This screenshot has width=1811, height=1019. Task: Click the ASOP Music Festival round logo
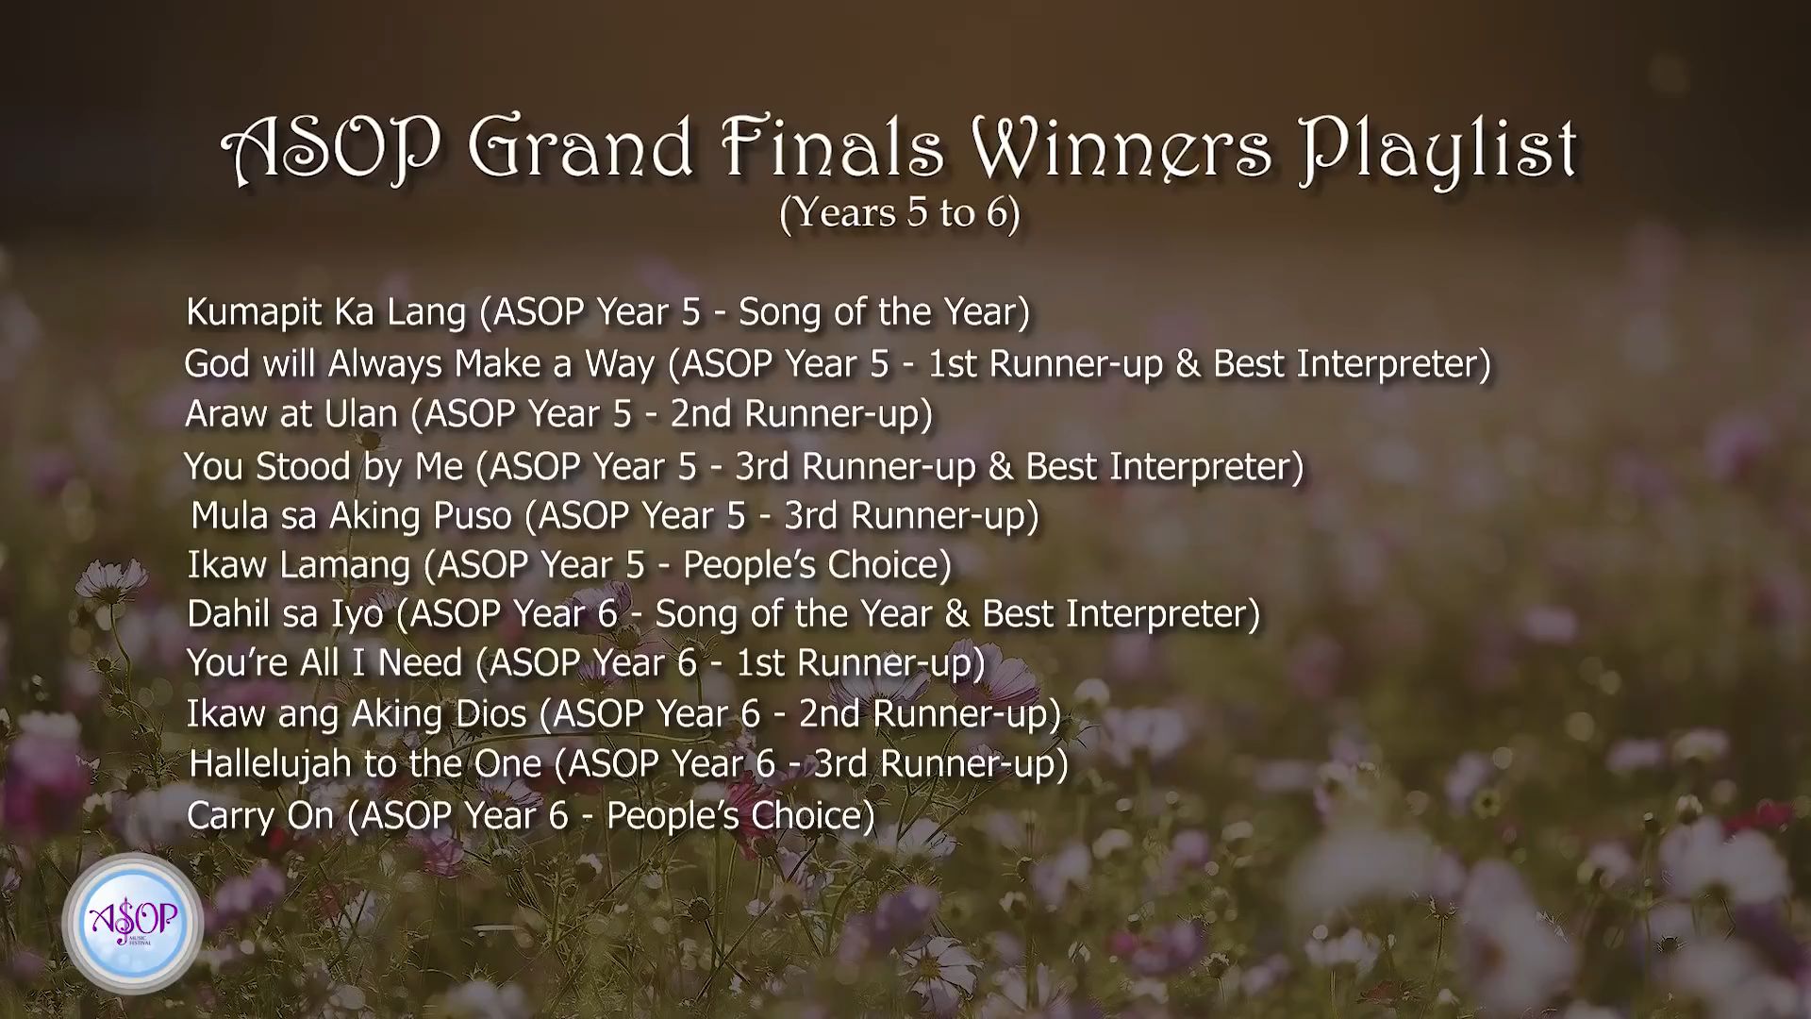tap(132, 924)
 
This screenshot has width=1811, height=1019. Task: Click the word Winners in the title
tap(1121, 149)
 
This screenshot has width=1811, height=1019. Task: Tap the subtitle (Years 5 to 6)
tap(900, 213)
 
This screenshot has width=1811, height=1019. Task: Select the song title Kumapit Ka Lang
tap(326, 312)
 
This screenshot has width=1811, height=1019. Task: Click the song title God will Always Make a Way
tap(419, 363)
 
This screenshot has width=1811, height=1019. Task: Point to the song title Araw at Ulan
tap(291, 413)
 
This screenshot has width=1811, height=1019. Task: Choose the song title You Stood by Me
tap(324, 466)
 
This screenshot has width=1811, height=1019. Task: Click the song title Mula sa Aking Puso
tap(351, 516)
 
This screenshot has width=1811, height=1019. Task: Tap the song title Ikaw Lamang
tap(299, 565)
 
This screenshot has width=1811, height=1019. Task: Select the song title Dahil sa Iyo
tap(285, 614)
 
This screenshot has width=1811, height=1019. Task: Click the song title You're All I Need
tap(324, 663)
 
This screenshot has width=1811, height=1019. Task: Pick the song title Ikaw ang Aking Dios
tap(356, 714)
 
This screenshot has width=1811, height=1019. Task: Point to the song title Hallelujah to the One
tap(365, 763)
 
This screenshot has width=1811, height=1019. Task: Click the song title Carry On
tap(260, 815)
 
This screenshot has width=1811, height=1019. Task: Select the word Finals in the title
tap(834, 147)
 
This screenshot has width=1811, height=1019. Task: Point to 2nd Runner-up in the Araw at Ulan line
tap(801, 414)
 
